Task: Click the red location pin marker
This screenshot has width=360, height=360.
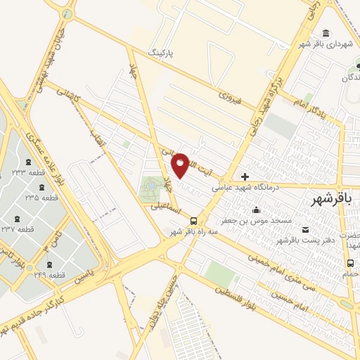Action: click(180, 165)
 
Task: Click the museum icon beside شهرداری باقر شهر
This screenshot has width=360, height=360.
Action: click(326, 33)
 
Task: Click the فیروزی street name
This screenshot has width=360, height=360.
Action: click(229, 96)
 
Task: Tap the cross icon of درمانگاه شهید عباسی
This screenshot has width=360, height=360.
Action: click(245, 176)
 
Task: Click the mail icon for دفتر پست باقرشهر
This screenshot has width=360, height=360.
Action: click(305, 229)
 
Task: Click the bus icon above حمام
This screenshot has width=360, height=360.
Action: click(349, 263)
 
